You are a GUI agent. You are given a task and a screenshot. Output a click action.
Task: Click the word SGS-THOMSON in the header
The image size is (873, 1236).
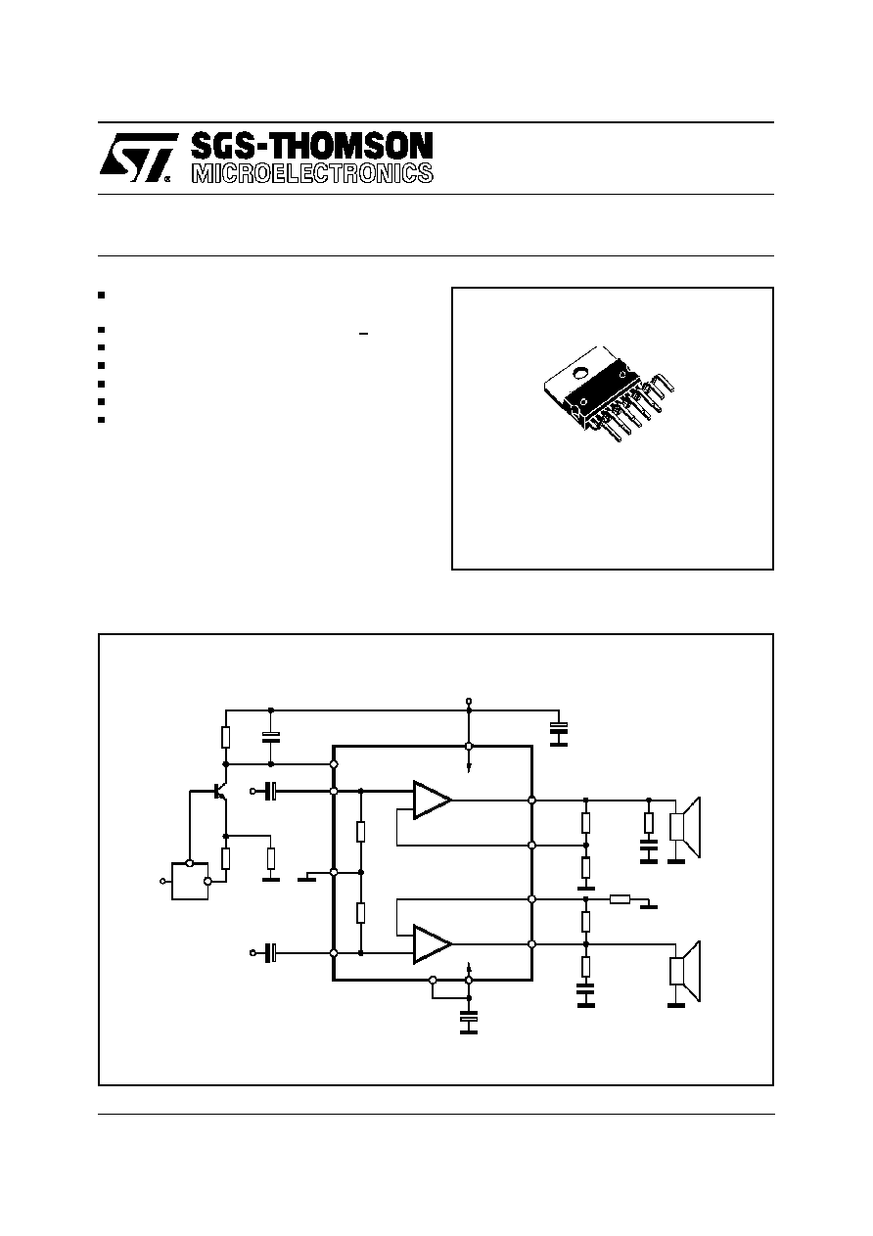312,147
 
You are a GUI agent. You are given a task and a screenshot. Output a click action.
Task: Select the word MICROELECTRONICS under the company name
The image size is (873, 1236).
312,173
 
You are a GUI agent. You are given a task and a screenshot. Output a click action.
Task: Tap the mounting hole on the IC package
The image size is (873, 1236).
581,373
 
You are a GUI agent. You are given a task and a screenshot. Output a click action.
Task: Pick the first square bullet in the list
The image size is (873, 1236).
101,296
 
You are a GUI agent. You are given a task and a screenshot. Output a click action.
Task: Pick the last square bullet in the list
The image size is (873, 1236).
101,420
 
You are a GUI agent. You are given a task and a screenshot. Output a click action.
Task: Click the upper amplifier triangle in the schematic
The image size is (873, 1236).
432,800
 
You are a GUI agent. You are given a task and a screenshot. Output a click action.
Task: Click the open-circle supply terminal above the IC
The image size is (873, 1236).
469,701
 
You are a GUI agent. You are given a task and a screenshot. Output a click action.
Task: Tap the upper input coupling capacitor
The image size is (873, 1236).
271,792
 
